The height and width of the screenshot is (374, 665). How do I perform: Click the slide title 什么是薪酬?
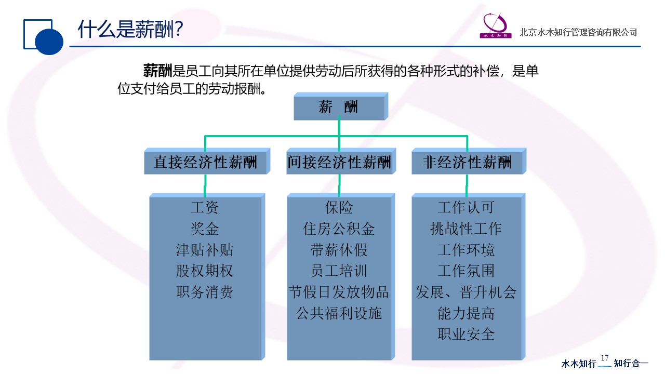click(x=130, y=29)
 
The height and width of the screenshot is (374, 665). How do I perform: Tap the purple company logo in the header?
click(x=496, y=25)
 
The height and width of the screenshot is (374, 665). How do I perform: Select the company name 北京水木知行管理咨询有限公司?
click(x=578, y=32)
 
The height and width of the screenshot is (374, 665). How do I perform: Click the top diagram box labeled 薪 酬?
click(x=341, y=106)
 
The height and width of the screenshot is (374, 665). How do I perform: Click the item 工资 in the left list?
click(x=205, y=207)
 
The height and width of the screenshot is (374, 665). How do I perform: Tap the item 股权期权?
click(x=205, y=271)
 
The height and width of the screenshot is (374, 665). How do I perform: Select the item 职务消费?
click(x=205, y=292)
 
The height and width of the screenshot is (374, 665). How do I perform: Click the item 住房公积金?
click(x=339, y=229)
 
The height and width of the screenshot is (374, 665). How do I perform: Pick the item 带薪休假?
click(x=339, y=250)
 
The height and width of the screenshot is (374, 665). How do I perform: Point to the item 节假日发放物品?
click(x=339, y=292)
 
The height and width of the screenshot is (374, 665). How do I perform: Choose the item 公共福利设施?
click(x=339, y=313)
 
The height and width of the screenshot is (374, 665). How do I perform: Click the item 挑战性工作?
click(x=466, y=229)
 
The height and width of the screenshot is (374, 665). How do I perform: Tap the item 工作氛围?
click(x=466, y=271)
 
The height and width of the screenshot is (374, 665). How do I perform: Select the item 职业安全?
click(x=466, y=334)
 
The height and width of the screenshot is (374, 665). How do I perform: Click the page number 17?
click(x=605, y=358)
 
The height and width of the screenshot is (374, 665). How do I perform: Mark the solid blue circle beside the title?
click(x=49, y=41)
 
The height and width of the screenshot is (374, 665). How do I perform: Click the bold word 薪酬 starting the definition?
click(x=157, y=71)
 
